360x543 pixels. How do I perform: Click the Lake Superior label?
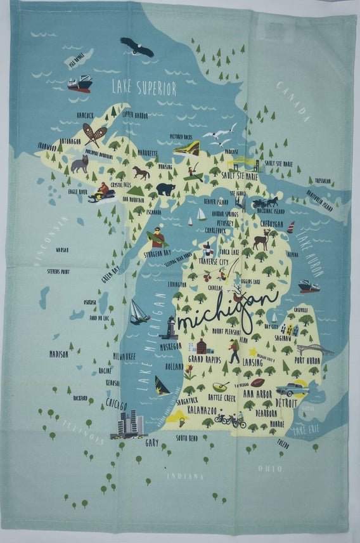tap(143, 88)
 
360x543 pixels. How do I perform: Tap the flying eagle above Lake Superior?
tap(137, 46)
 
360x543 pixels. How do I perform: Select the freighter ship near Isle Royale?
tap(80, 84)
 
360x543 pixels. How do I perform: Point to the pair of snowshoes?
tap(95, 134)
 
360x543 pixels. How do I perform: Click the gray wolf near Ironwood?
tap(80, 164)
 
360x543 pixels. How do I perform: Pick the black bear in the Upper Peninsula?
tap(165, 188)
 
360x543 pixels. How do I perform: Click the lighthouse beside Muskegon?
tap(169, 327)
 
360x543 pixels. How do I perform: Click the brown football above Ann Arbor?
tap(257, 383)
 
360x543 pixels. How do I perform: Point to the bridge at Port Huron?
tap(314, 350)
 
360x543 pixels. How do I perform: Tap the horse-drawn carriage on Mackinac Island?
tap(265, 202)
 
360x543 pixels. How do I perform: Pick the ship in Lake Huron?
tap(309, 286)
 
